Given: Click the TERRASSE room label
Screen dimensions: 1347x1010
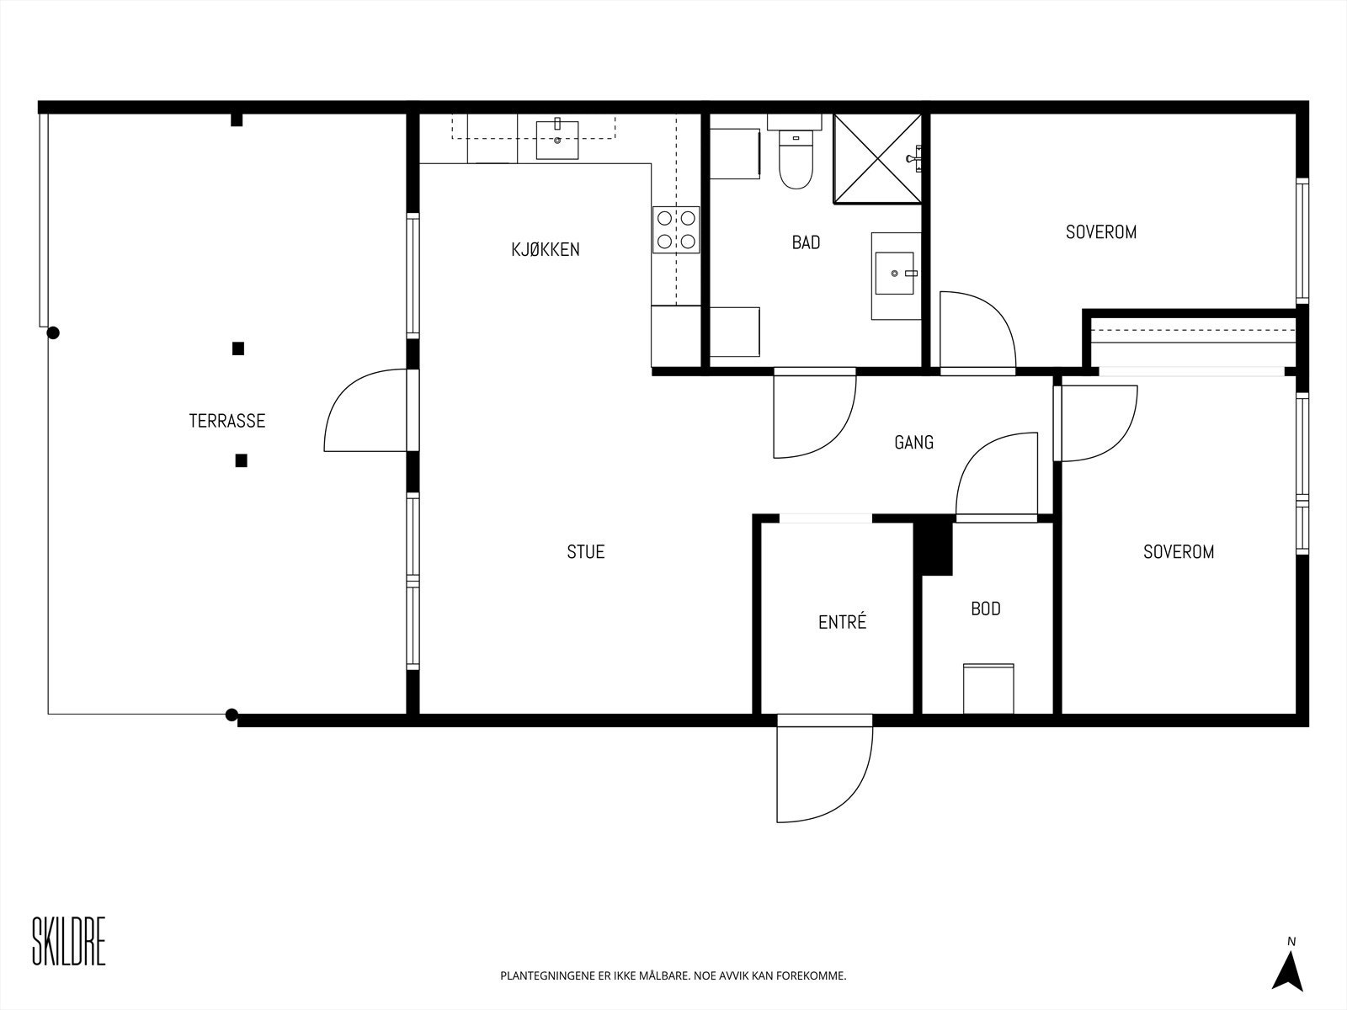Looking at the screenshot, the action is pos(227,421).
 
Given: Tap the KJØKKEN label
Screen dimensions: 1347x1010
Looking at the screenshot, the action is pos(546,250).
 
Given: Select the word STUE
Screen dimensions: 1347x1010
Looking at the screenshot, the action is pos(586,552).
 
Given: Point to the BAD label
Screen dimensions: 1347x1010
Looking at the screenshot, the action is pos(806,242).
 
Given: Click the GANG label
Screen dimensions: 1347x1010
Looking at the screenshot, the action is pos(913,442).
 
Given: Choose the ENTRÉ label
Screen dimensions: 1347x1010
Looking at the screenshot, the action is pos(843,622).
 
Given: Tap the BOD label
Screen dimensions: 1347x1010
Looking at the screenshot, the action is pos(986,609).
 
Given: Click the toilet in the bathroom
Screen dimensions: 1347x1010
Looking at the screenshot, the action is pos(796,152).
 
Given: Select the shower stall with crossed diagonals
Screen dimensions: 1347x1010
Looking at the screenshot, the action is pos(877,159).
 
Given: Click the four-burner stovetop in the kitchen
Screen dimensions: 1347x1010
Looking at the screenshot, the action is pos(676,230).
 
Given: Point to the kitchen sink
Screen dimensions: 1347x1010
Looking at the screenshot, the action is pos(557,140).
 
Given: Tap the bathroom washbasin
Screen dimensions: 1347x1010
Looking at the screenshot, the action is pos(896,275).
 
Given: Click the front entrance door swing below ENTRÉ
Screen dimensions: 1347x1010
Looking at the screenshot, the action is pos(824,769).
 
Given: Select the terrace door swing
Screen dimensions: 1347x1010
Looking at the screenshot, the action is pos(365,410).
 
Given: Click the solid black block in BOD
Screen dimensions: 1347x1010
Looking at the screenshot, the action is pos(934,545).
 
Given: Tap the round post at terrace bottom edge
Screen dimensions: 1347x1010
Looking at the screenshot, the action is pos(232,715).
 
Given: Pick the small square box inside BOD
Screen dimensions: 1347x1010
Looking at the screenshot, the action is pos(988,688).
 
